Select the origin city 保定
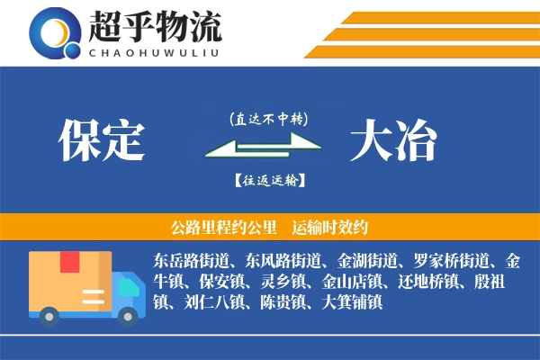point(102,141)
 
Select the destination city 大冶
point(393,141)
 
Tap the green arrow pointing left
point(261,155)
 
